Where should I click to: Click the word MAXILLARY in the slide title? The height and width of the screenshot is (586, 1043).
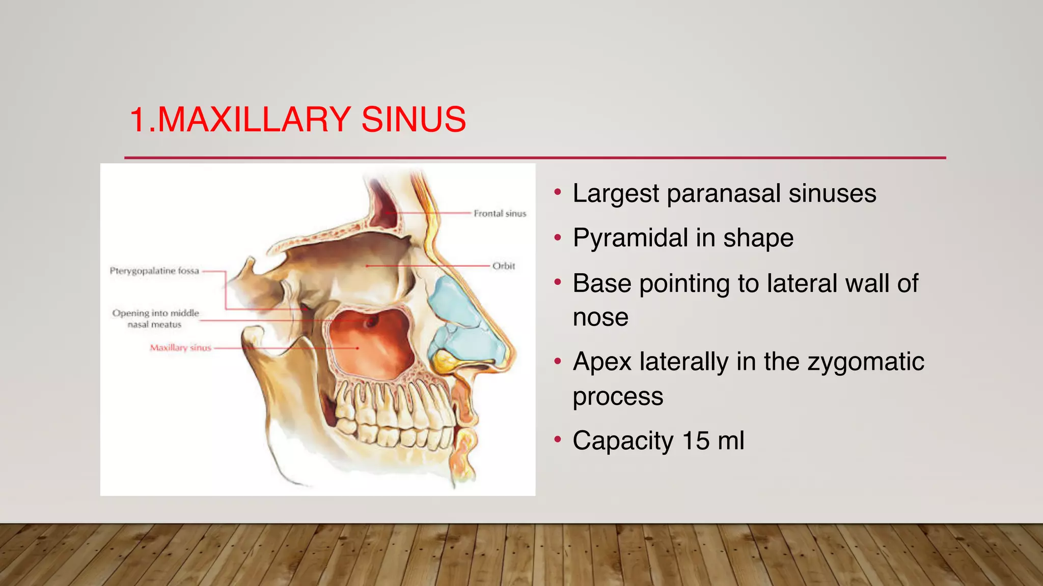point(253,120)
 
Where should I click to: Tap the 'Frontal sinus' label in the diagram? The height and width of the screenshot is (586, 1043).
point(500,214)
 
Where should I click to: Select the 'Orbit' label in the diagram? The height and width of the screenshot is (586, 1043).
point(504,266)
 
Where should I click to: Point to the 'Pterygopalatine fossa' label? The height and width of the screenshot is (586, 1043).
point(154,271)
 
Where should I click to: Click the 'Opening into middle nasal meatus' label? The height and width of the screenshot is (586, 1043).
point(155,319)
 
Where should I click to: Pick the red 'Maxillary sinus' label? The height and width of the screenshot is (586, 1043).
point(180,348)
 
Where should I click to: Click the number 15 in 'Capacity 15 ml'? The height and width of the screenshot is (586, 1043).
point(696,441)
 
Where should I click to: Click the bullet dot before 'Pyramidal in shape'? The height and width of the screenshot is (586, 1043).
point(558,237)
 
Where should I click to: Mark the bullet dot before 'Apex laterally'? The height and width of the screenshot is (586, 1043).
point(558,361)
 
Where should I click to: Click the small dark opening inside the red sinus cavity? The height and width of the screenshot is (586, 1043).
point(371,321)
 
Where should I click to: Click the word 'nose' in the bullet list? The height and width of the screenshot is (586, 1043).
point(600,318)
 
